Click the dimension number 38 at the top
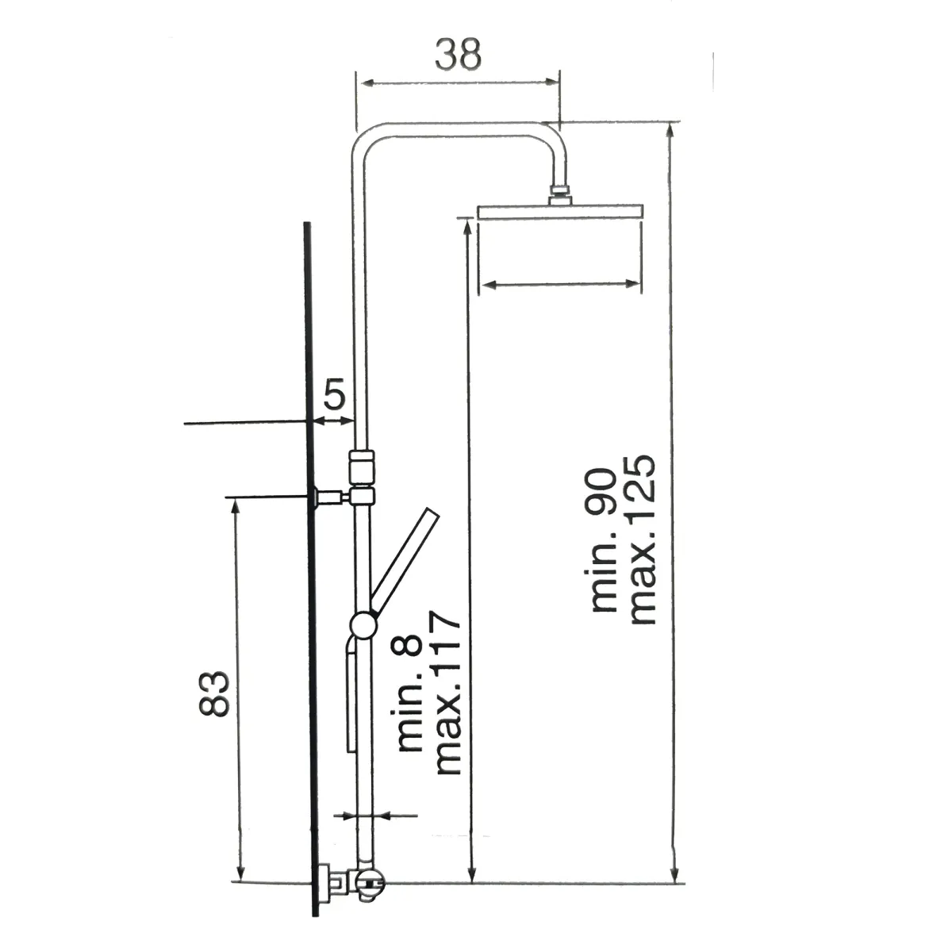(458, 56)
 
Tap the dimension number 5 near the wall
(335, 394)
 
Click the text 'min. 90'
(604, 539)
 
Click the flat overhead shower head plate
(560, 212)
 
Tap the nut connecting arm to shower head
(561, 194)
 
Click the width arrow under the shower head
(560, 283)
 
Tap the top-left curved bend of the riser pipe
(365, 139)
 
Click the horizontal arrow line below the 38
(458, 81)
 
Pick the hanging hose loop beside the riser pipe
(349, 698)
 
